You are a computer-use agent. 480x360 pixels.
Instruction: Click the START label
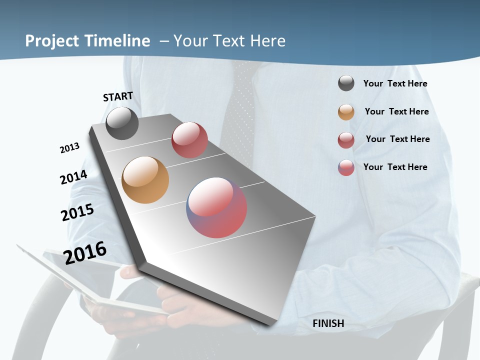coord(118,96)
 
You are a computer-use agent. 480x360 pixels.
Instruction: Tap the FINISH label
coord(328,323)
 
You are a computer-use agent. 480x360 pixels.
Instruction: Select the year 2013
coord(69,148)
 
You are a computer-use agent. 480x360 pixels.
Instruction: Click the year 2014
coord(73,177)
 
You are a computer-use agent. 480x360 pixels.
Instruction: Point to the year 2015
coord(77,212)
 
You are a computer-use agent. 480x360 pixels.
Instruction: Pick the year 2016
coord(85,252)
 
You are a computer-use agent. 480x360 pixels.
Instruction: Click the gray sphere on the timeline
coord(122,123)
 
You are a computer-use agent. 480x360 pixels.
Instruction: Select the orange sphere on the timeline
coord(145,180)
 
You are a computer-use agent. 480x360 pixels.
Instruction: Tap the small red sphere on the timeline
coord(189,140)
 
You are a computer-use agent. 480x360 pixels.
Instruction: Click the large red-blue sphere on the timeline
coord(216,207)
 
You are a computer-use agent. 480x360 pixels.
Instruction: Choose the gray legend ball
coord(346,83)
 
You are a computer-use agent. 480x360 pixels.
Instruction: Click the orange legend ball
coord(346,112)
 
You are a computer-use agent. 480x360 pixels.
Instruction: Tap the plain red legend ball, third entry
coord(346,140)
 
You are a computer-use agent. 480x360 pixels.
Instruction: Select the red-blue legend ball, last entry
coord(346,167)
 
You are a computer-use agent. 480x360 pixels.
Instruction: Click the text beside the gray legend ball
coord(395,83)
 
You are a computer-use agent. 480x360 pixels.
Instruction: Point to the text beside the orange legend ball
coord(396,111)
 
